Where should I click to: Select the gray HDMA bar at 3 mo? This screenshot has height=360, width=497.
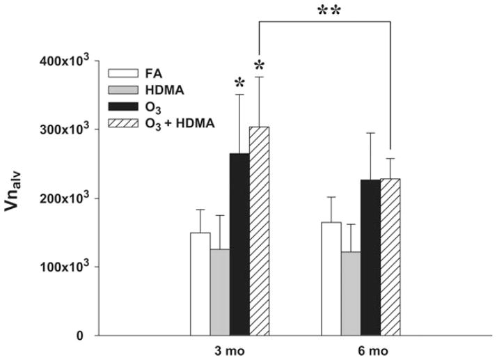219,292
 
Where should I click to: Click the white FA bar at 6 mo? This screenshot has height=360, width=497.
331,279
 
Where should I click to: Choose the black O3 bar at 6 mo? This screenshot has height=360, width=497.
370,258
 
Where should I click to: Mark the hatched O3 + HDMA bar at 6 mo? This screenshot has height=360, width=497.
390,257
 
